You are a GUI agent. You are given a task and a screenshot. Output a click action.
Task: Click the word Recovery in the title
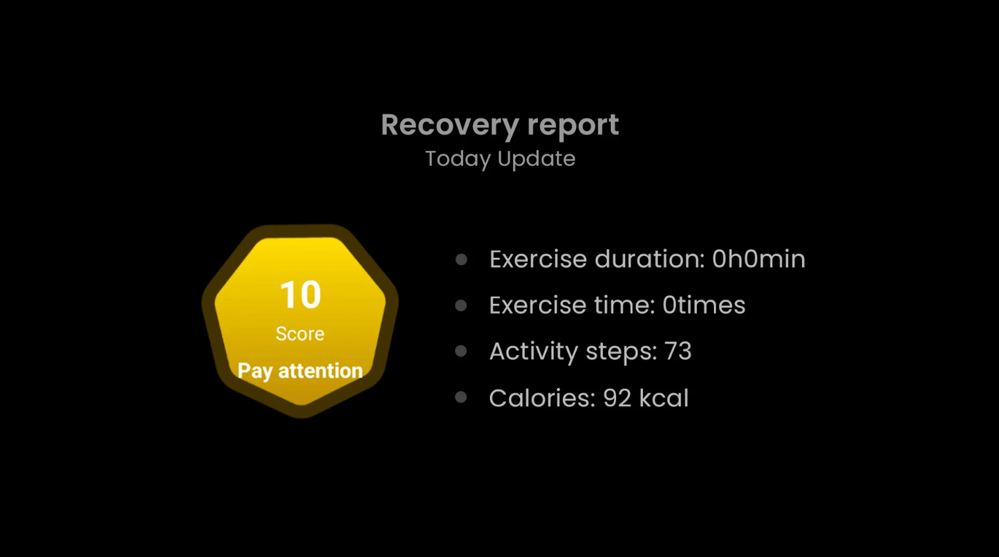(x=449, y=125)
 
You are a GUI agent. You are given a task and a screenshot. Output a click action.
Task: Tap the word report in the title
(x=573, y=127)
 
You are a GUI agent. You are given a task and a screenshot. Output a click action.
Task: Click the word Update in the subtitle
(x=536, y=158)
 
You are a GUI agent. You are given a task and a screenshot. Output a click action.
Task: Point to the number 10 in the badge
(x=300, y=295)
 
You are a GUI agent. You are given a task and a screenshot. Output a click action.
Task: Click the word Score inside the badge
(x=300, y=334)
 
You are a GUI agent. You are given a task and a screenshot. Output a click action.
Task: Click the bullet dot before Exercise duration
(x=461, y=259)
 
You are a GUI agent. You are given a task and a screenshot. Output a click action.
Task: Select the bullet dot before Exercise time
(x=461, y=305)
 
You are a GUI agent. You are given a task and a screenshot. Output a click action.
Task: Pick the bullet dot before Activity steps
(x=461, y=351)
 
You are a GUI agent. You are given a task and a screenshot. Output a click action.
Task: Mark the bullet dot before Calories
(x=461, y=397)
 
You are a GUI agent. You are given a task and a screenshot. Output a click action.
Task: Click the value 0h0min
(x=758, y=259)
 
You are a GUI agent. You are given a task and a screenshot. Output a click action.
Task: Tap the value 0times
(x=704, y=305)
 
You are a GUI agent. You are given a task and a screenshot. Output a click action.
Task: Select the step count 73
(x=678, y=351)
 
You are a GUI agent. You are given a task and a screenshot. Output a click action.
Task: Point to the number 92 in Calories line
(x=617, y=398)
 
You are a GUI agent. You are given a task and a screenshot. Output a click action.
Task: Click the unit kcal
(x=664, y=397)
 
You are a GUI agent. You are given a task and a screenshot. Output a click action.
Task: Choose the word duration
(x=650, y=259)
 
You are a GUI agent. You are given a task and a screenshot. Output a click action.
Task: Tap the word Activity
(x=534, y=352)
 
